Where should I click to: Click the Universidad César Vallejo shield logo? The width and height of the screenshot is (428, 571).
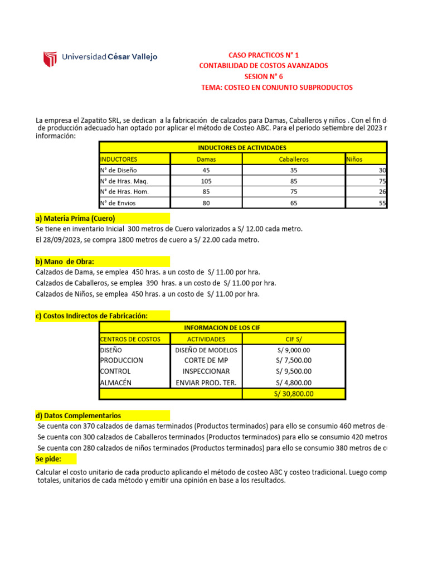click(x=50, y=57)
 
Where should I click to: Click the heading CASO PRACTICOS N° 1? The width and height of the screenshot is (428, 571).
click(x=264, y=55)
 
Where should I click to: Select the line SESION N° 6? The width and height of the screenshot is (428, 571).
click(x=264, y=77)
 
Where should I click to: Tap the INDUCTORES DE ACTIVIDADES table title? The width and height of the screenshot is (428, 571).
click(x=242, y=148)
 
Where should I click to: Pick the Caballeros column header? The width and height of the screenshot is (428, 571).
click(x=294, y=159)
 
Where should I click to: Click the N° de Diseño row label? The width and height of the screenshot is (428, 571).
click(x=118, y=170)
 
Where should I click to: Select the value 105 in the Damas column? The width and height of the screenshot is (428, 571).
click(x=206, y=181)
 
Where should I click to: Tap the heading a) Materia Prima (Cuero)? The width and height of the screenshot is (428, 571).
click(x=75, y=218)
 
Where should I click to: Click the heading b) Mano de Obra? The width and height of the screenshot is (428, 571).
click(x=65, y=262)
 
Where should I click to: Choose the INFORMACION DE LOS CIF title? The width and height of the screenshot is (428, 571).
click(x=222, y=328)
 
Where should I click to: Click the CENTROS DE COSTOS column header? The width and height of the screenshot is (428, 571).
click(x=130, y=339)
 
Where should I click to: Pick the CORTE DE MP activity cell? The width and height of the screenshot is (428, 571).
click(x=206, y=360)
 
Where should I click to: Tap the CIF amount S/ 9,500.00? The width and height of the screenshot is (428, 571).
click(x=294, y=371)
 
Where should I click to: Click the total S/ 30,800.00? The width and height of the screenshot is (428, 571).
click(x=294, y=393)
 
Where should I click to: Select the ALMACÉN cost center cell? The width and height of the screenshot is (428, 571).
click(x=115, y=383)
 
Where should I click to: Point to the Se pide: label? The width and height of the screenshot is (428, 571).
click(x=48, y=459)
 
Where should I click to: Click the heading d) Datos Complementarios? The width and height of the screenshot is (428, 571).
click(x=78, y=415)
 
